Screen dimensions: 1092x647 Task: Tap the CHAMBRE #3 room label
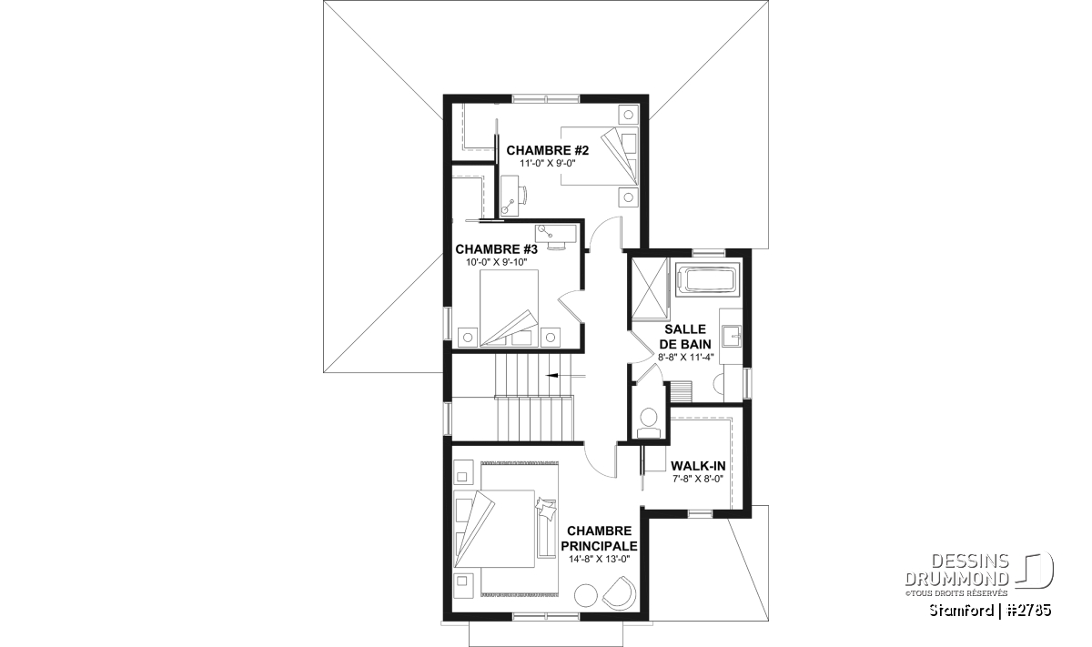pos(496,249)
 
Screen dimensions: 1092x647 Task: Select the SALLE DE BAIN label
pos(685,337)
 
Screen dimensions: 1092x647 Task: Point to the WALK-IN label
pos(698,466)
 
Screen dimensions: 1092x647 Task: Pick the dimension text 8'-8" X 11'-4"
pos(686,357)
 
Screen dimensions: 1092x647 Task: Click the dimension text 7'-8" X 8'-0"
pos(698,480)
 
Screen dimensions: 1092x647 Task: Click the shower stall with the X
pos(650,288)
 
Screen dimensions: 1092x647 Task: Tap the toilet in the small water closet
pos(648,420)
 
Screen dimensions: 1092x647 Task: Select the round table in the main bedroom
pos(586,595)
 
